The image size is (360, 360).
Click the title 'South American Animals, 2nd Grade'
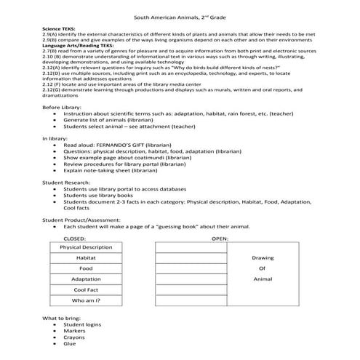(179, 17)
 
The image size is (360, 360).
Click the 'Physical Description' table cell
(86, 247)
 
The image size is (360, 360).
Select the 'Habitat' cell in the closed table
(86, 257)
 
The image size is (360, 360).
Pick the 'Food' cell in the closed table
(86, 268)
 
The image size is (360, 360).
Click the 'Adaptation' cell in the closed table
(86, 279)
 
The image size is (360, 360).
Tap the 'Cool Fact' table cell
(86, 289)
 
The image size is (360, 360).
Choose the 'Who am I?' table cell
(86, 300)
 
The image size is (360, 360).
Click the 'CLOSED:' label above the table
(75, 238)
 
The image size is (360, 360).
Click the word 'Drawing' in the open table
(263, 257)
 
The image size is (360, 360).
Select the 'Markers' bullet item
(75, 331)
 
